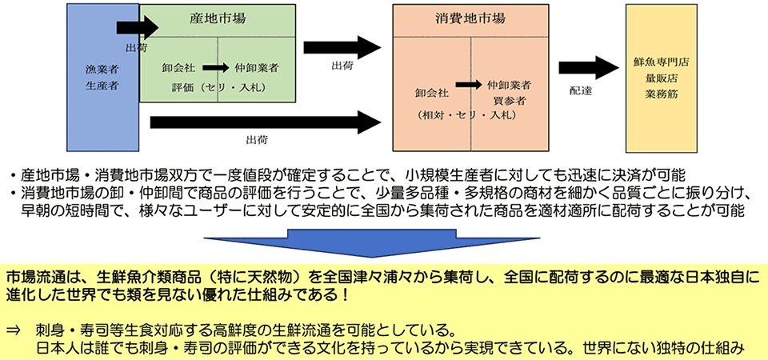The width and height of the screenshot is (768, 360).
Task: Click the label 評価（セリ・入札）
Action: coord(216,86)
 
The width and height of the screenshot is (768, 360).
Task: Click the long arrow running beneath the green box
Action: coord(264,122)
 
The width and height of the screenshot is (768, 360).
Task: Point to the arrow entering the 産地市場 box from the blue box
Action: coord(137,27)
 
